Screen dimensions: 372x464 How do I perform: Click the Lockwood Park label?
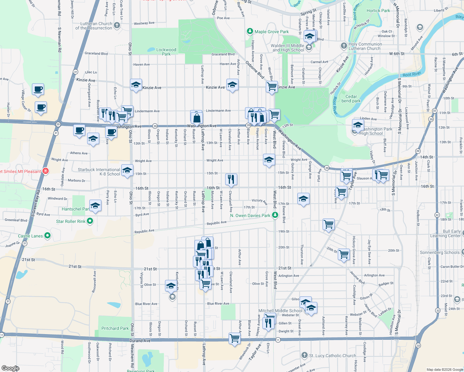[x=166, y=52]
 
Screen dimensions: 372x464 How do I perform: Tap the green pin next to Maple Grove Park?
[x=250, y=31]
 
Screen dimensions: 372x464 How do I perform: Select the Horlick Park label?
[x=378, y=11]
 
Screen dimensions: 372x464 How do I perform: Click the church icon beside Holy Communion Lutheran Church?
[x=344, y=46]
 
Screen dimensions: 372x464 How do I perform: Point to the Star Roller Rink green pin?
[x=90, y=221]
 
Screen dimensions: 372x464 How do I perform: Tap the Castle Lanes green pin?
[x=47, y=236]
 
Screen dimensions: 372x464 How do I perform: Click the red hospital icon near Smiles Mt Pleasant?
[x=46, y=171]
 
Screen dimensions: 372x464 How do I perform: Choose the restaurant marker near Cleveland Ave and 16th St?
[x=231, y=179]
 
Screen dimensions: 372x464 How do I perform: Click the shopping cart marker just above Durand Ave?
[x=234, y=338]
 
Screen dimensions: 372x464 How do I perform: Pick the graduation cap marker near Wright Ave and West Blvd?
[x=269, y=160]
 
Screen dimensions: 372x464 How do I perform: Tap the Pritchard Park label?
[x=115, y=328]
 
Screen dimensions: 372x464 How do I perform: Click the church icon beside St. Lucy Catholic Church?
[x=304, y=355]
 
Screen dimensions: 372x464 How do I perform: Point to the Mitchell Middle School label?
[x=280, y=311]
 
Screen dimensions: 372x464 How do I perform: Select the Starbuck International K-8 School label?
[x=99, y=172]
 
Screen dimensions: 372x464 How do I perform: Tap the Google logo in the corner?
[x=10, y=368]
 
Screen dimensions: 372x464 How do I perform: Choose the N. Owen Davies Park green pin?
[x=275, y=215]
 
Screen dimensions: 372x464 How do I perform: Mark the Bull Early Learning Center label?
[x=445, y=233]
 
